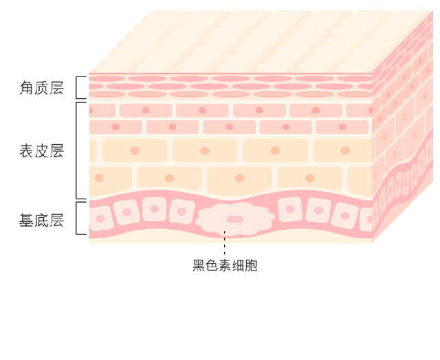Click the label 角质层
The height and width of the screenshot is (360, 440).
tap(41, 88)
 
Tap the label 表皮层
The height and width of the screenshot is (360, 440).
tap(41, 151)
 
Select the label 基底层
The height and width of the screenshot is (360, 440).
tap(41, 221)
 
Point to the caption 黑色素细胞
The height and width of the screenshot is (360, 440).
tap(225, 265)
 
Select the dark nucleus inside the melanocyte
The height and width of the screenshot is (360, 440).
tap(235, 219)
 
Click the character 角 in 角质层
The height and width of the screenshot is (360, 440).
tap(27, 88)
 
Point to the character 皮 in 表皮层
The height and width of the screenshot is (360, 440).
tap(41, 151)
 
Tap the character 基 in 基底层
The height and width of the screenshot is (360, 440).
tap(27, 221)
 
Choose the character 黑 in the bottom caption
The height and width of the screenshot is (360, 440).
tap(199, 265)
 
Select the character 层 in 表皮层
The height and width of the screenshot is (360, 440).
tap(56, 151)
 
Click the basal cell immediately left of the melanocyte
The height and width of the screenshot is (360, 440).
tap(181, 211)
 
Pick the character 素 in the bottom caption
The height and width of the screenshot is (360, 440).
tap(225, 265)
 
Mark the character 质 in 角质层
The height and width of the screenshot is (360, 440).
tap(41, 88)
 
